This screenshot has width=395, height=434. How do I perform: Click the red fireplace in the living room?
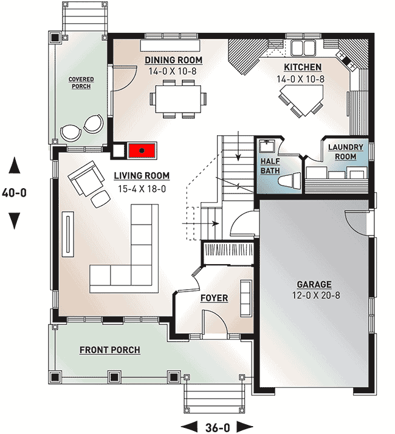click(142, 150)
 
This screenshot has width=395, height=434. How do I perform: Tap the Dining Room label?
click(174, 60)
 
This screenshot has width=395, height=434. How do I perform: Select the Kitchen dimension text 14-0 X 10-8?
click(300, 79)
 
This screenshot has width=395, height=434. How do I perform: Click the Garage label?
click(314, 284)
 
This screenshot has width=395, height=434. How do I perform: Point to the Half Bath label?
click(270, 166)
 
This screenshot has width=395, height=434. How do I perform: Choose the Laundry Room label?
click(346, 152)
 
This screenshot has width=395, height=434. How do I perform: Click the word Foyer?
click(215, 298)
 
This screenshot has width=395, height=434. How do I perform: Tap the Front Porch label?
click(110, 350)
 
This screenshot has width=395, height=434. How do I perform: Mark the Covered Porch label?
click(81, 83)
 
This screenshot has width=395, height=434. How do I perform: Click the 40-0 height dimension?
click(15, 192)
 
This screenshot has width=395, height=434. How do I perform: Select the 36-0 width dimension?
click(218, 427)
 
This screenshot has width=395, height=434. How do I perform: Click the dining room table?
click(178, 99)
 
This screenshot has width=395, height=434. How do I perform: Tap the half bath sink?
click(266, 146)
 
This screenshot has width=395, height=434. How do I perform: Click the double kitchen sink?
click(303, 48)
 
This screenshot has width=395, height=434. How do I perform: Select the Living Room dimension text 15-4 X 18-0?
click(142, 189)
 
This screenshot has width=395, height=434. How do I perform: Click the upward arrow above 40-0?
click(15, 165)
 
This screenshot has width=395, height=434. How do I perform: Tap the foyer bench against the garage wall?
click(246, 298)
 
